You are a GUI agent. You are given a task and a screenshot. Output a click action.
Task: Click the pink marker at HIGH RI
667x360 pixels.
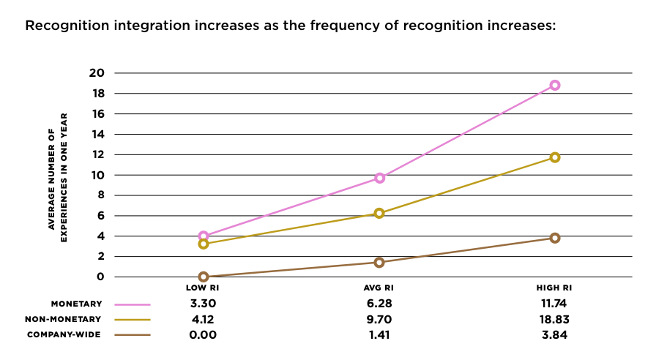tap(555, 85)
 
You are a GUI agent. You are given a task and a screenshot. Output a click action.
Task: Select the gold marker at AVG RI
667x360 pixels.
tap(379, 213)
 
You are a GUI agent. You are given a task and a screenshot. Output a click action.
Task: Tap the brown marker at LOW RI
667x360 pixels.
tap(204, 277)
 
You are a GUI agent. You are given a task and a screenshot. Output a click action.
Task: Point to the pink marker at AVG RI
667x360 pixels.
tap(379, 178)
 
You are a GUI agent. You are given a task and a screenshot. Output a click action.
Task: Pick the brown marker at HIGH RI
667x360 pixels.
tap(555, 238)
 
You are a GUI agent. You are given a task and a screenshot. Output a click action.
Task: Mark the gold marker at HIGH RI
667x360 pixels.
tap(555, 157)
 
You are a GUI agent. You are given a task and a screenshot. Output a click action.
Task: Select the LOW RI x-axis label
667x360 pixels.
tap(204, 288)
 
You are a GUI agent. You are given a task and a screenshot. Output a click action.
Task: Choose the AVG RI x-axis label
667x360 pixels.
tap(379, 288)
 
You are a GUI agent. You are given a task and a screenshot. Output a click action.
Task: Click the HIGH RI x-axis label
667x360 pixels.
tap(555, 288)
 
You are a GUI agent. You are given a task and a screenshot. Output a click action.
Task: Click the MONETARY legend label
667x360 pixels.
tap(76, 304)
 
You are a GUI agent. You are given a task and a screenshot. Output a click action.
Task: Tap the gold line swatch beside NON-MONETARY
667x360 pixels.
tap(133, 320)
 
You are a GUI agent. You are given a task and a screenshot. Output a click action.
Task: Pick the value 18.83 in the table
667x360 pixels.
tap(555, 320)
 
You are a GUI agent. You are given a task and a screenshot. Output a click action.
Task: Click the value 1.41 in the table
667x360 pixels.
tap(379, 335)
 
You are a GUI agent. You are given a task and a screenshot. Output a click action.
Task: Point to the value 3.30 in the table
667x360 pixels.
tap(204, 304)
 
